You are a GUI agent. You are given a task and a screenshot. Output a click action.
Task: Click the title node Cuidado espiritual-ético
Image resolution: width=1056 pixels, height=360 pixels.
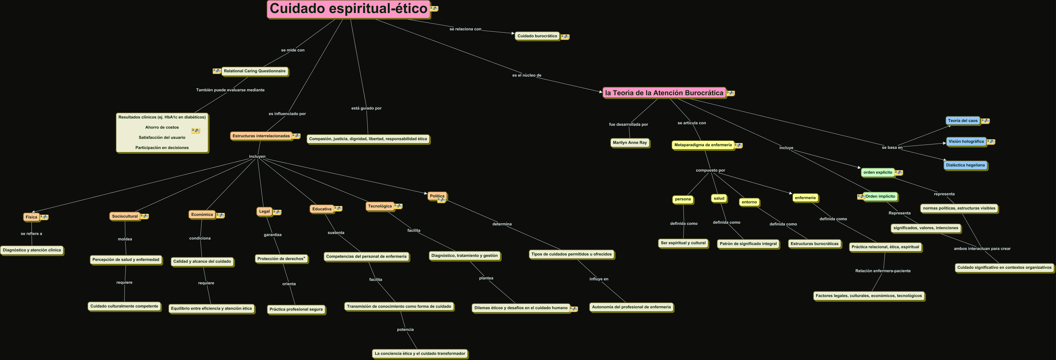tap(349, 9)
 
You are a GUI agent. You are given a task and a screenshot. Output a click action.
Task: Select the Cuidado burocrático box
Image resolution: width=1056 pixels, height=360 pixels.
tap(537, 36)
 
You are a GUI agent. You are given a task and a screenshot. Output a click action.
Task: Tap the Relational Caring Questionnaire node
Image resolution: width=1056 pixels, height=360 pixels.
tap(255, 71)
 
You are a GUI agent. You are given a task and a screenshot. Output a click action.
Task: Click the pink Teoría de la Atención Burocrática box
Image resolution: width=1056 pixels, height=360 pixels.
tap(664, 93)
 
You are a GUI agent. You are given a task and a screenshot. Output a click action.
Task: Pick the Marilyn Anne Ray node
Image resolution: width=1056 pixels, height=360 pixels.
tap(630, 143)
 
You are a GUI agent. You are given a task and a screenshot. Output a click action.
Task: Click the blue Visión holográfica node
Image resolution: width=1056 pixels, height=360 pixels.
tap(966, 142)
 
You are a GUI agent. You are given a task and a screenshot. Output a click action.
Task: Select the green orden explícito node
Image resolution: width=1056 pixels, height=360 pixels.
tap(878, 172)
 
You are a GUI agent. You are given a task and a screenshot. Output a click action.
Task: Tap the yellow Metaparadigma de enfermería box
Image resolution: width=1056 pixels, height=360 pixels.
tap(703, 145)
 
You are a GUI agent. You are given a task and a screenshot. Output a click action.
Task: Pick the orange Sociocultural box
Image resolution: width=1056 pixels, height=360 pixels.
tap(125, 216)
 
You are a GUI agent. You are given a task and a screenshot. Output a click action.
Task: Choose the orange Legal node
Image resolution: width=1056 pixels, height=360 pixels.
tap(264, 211)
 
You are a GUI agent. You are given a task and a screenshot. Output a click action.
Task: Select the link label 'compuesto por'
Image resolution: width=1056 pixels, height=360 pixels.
tap(710, 170)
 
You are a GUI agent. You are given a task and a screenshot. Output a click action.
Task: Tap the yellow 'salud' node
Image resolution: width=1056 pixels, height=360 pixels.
tap(719, 198)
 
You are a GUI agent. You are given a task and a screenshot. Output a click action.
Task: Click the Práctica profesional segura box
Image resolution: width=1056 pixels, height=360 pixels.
tap(296, 309)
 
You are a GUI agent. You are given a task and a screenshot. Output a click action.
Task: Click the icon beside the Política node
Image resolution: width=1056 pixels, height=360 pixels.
tap(442, 201)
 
